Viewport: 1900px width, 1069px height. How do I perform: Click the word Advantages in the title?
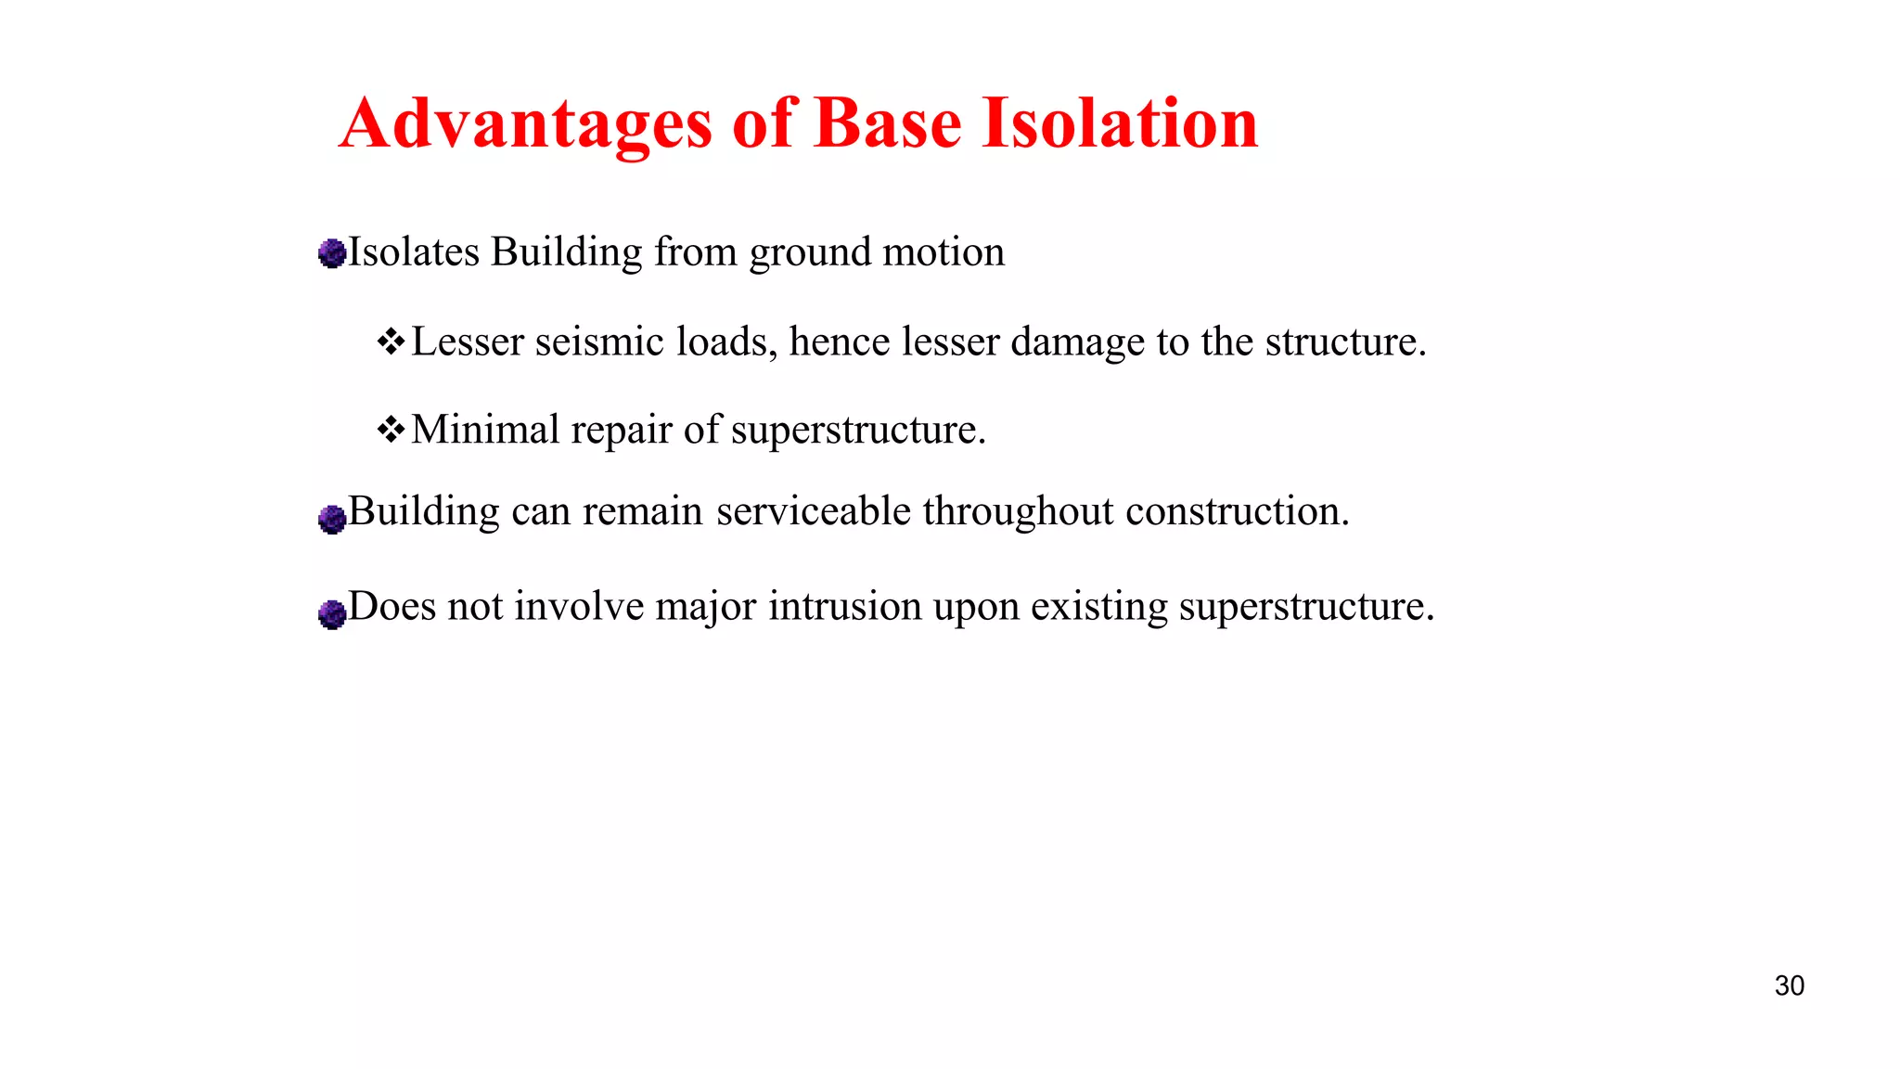526,123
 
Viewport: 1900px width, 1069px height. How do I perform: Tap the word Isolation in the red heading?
1120,123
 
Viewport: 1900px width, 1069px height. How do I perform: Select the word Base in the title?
888,123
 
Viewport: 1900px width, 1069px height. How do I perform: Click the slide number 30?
1789,985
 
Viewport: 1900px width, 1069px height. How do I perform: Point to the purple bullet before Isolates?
331,253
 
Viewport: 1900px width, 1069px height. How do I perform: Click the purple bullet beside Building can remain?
331,519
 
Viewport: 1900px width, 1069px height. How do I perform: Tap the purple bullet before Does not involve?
331,613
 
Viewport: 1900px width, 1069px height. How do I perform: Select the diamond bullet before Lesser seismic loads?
391,341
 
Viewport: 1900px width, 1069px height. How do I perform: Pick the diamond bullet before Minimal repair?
391,430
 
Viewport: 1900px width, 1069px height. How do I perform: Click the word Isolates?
414,252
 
